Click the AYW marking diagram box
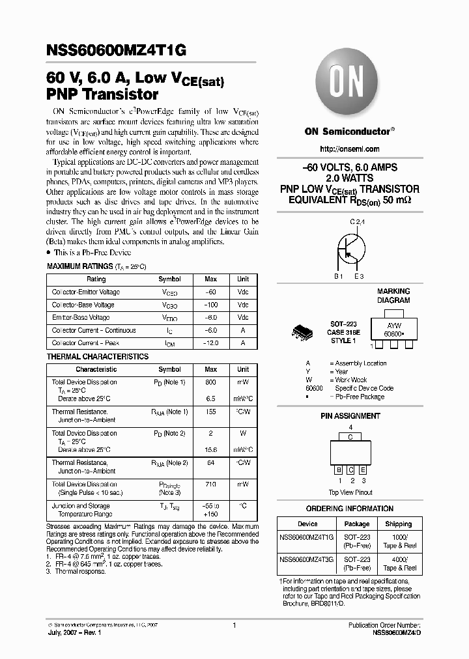[393, 328]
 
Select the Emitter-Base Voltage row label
[81, 318]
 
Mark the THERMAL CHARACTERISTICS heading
[98, 357]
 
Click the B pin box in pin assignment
[338, 469]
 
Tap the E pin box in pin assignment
[363, 469]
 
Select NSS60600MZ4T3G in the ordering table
[307, 559]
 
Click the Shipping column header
[398, 524]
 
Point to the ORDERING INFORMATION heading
[350, 509]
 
